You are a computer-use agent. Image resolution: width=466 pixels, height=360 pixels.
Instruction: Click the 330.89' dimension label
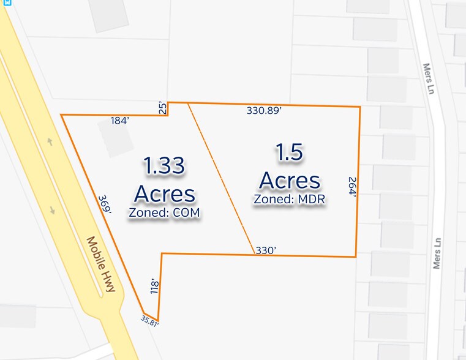(264, 111)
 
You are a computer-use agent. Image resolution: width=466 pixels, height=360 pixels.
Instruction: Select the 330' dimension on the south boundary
(266, 250)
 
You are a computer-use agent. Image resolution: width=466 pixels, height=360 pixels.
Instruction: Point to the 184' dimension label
(119, 121)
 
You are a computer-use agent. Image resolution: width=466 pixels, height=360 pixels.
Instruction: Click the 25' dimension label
(162, 108)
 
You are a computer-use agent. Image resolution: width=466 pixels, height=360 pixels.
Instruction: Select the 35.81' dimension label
(149, 320)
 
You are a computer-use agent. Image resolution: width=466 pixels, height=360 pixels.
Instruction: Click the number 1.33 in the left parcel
(164, 166)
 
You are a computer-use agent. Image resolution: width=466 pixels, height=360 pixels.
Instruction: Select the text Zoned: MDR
(290, 199)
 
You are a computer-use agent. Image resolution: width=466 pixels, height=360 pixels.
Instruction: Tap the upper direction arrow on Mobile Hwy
(50, 142)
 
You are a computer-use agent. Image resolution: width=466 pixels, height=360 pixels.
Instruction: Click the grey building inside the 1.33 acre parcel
(116, 138)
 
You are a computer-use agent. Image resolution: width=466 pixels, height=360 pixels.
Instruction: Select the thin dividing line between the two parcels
(220, 178)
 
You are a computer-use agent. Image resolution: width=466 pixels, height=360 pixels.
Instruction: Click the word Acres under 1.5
(290, 181)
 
